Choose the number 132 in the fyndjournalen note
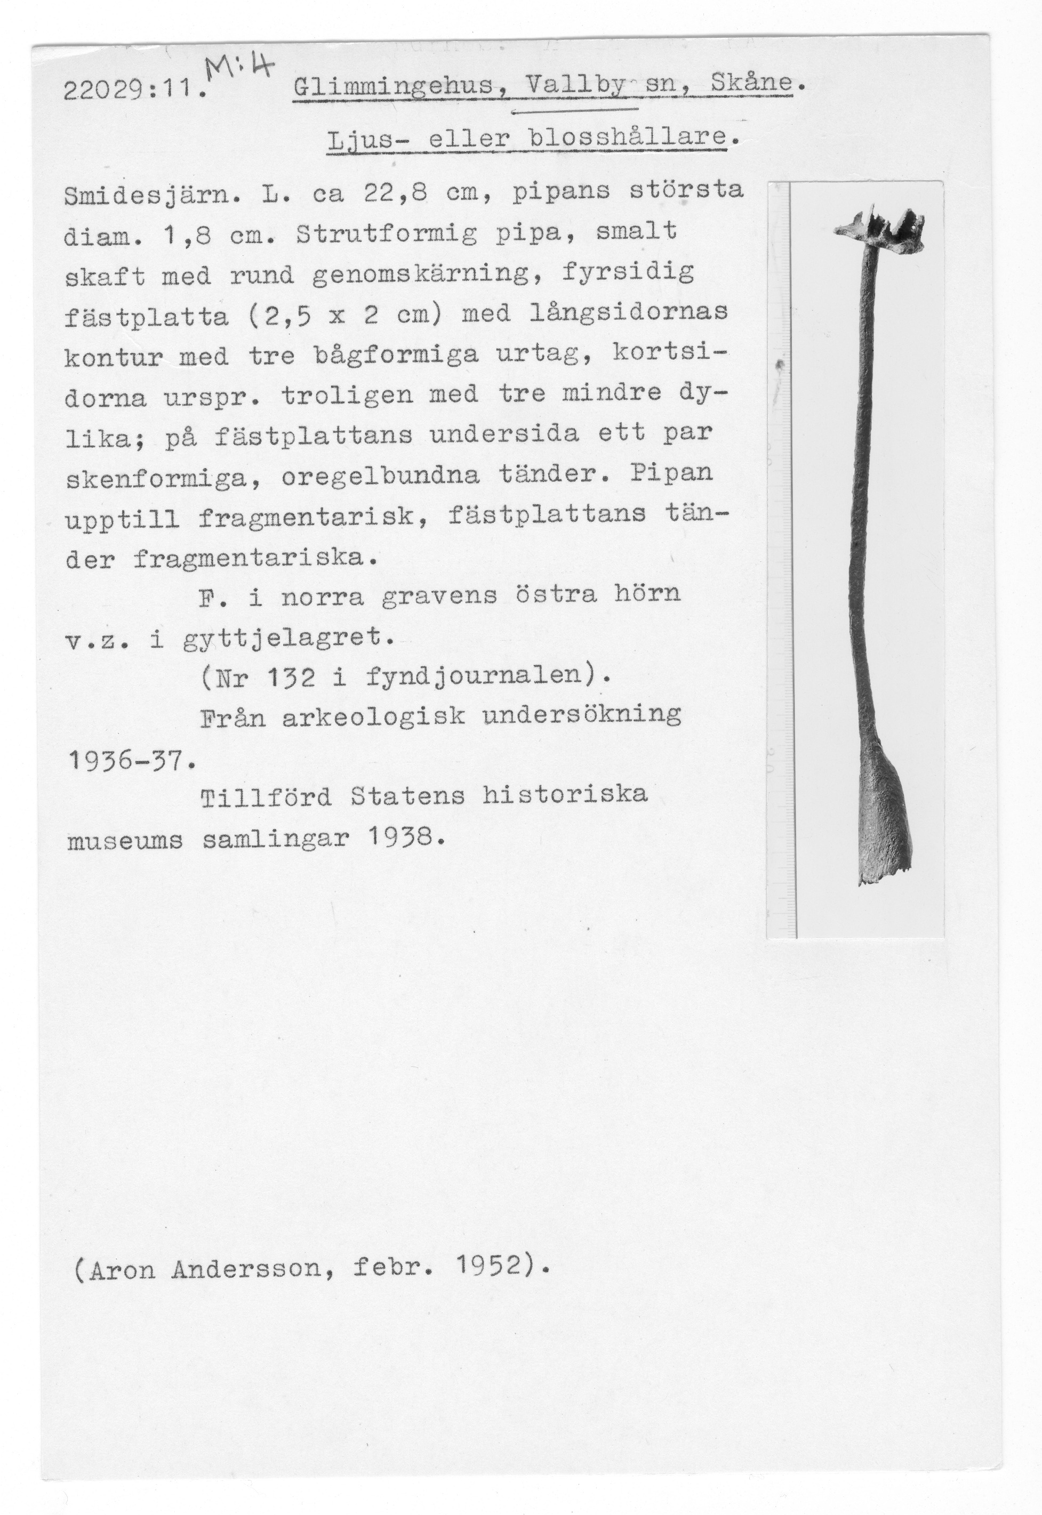(x=292, y=679)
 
